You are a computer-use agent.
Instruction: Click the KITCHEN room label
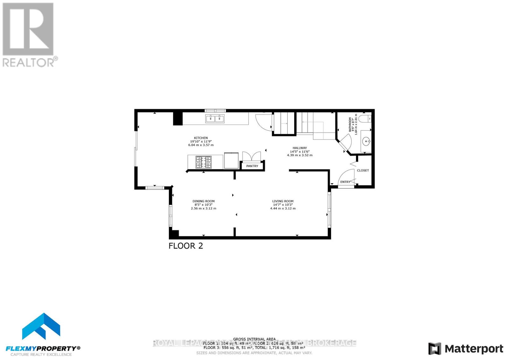point(201,138)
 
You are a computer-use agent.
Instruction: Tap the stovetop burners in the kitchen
point(203,162)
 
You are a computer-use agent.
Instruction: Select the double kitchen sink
point(215,119)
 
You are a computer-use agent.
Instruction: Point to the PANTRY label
point(252,166)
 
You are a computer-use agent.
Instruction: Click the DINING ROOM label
point(203,201)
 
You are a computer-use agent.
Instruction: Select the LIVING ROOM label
point(282,201)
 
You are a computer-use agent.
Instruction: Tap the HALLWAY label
point(300,148)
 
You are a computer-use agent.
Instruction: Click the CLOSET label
point(363,170)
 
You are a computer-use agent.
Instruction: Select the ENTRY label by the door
point(345,182)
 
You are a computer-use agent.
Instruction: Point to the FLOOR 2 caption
point(185,246)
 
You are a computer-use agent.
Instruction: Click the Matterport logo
point(466,349)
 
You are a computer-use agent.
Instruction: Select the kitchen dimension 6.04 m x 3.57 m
point(201,145)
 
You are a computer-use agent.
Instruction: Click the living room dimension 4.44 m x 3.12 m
point(282,209)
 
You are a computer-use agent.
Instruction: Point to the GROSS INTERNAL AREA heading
point(254,339)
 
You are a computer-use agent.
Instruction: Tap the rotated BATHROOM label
point(350,124)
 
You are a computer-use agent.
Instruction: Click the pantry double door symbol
point(251,157)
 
